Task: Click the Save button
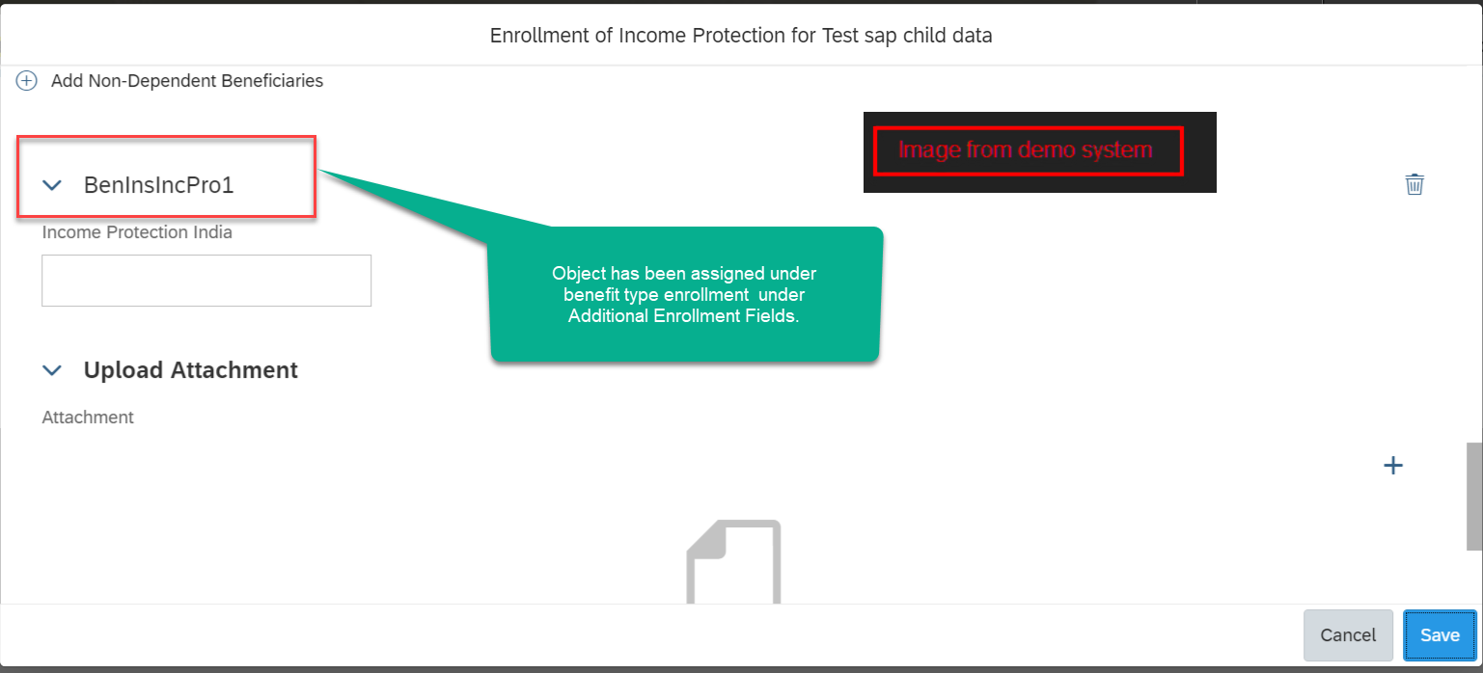pyautogui.click(x=1440, y=635)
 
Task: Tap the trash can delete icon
pyautogui.click(x=1414, y=184)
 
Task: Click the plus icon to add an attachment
pyautogui.click(x=1393, y=465)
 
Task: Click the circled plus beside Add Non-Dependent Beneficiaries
pyautogui.click(x=26, y=81)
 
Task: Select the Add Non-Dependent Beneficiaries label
pyautogui.click(x=187, y=81)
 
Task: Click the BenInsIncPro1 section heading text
pyautogui.click(x=159, y=185)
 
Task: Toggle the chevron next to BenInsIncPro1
pyautogui.click(x=52, y=185)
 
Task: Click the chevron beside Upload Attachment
pyautogui.click(x=52, y=370)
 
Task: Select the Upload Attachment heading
pyautogui.click(x=191, y=370)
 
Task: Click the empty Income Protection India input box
pyautogui.click(x=206, y=281)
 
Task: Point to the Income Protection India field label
pyautogui.click(x=137, y=232)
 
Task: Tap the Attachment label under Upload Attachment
pyautogui.click(x=88, y=417)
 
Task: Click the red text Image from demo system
pyautogui.click(x=1025, y=149)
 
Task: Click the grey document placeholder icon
pyautogui.click(x=733, y=561)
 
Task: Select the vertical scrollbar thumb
pyautogui.click(x=1474, y=497)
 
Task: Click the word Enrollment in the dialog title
pyautogui.click(x=539, y=35)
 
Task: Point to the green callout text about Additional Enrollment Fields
pyautogui.click(x=684, y=294)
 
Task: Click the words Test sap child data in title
pyautogui.click(x=907, y=35)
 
